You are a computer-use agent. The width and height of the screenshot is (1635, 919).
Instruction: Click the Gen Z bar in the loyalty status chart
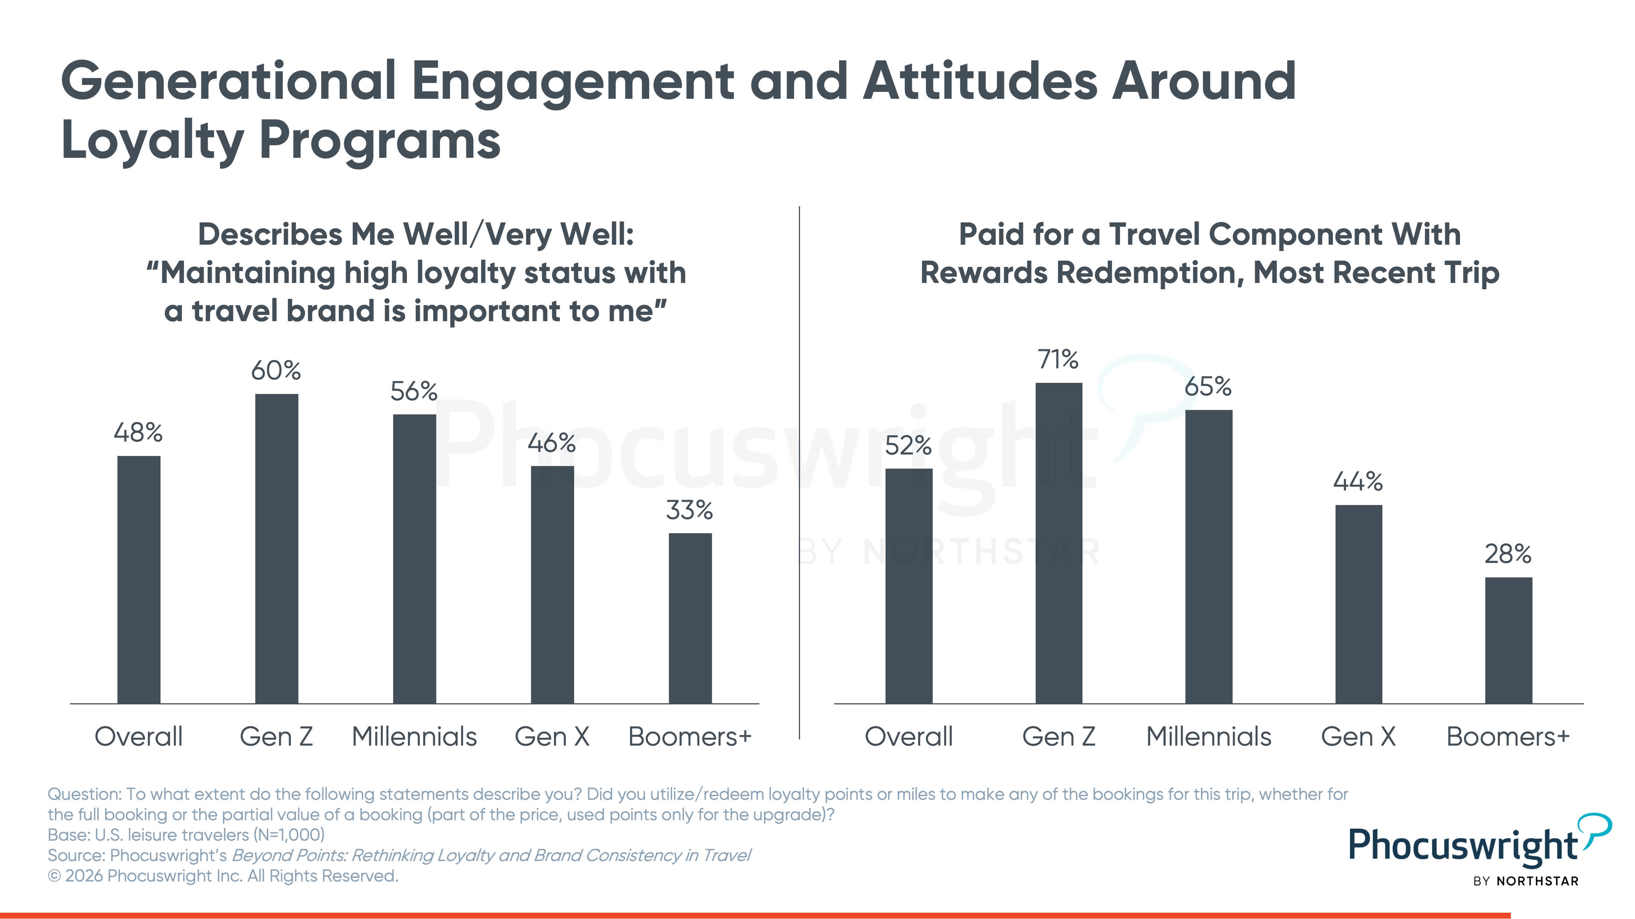[x=277, y=548]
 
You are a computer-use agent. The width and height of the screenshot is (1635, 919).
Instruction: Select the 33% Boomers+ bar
[x=690, y=618]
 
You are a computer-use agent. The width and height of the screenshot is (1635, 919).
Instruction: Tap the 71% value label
[x=1058, y=359]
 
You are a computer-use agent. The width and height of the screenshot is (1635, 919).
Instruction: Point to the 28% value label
[x=1508, y=554]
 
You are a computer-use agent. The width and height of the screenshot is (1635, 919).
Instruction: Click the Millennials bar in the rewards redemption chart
[x=1208, y=557]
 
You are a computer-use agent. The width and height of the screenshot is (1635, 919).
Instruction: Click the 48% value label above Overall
[x=138, y=433]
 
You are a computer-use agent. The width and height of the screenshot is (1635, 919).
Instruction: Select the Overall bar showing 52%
[x=909, y=586]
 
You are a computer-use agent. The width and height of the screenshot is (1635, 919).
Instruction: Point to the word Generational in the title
[x=229, y=82]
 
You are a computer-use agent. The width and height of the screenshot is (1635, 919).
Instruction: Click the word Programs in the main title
[x=379, y=141]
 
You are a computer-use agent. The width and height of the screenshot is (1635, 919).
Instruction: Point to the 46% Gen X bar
[x=552, y=585]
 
